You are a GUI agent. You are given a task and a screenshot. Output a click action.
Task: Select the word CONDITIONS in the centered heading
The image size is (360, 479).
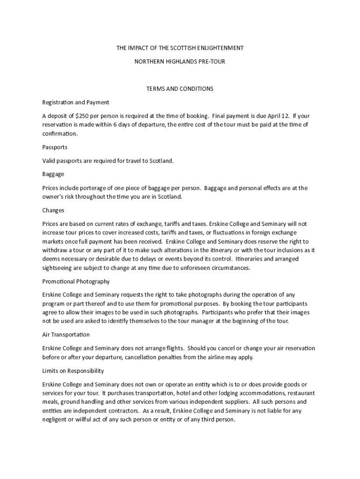[197, 88]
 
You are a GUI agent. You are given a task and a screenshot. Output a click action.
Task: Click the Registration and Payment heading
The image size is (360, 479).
[76, 102]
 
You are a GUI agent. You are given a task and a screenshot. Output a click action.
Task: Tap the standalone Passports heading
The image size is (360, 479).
[55, 147]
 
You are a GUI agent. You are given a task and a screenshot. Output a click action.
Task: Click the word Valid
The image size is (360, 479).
[50, 161]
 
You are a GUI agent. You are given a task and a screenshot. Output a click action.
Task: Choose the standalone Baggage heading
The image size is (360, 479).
[53, 174]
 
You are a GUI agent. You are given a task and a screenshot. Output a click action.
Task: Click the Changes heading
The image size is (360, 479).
[53, 210]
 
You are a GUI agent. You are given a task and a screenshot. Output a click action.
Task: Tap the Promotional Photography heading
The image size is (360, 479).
[76, 282]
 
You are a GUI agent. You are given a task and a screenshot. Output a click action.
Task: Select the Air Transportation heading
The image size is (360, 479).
[66, 335]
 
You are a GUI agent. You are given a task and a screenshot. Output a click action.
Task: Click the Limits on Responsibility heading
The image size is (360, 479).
[73, 371]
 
